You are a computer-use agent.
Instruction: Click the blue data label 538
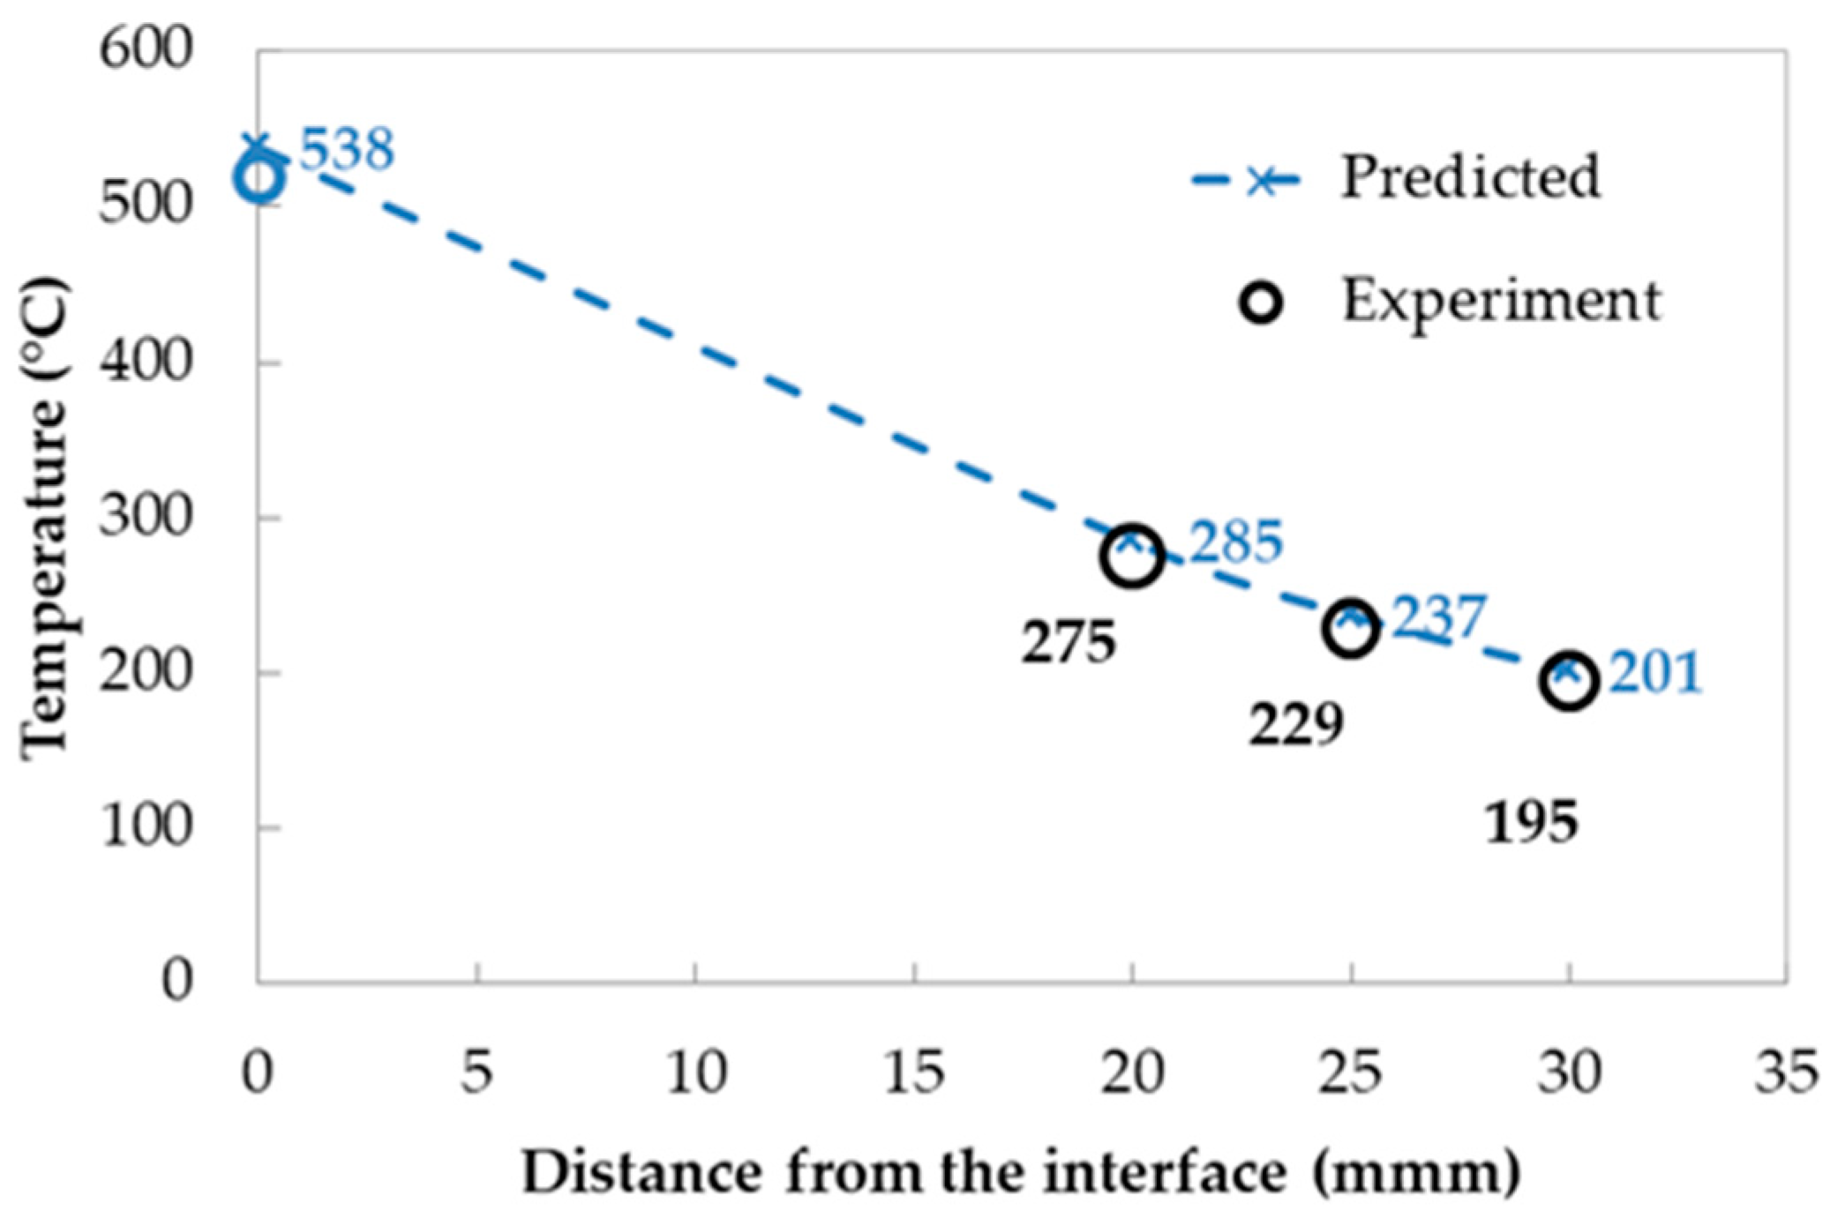click(x=347, y=150)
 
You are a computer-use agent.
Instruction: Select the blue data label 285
click(x=1235, y=542)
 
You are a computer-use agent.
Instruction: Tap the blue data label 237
click(x=1439, y=617)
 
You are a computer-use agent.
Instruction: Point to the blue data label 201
click(x=1655, y=674)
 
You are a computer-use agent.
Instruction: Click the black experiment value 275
click(x=1069, y=643)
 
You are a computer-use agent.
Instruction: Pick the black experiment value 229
click(x=1295, y=726)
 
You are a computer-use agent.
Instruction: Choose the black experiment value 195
click(x=1531, y=824)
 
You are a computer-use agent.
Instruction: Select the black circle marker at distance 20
click(x=1132, y=557)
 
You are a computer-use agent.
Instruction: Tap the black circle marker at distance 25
click(x=1350, y=629)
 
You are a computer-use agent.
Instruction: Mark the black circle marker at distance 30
click(x=1569, y=681)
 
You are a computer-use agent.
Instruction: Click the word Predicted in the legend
click(x=1470, y=177)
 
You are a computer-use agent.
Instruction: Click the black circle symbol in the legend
click(x=1261, y=303)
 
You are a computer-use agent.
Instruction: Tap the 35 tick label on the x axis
click(x=1786, y=1073)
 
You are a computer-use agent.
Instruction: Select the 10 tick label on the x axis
click(x=696, y=1073)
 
